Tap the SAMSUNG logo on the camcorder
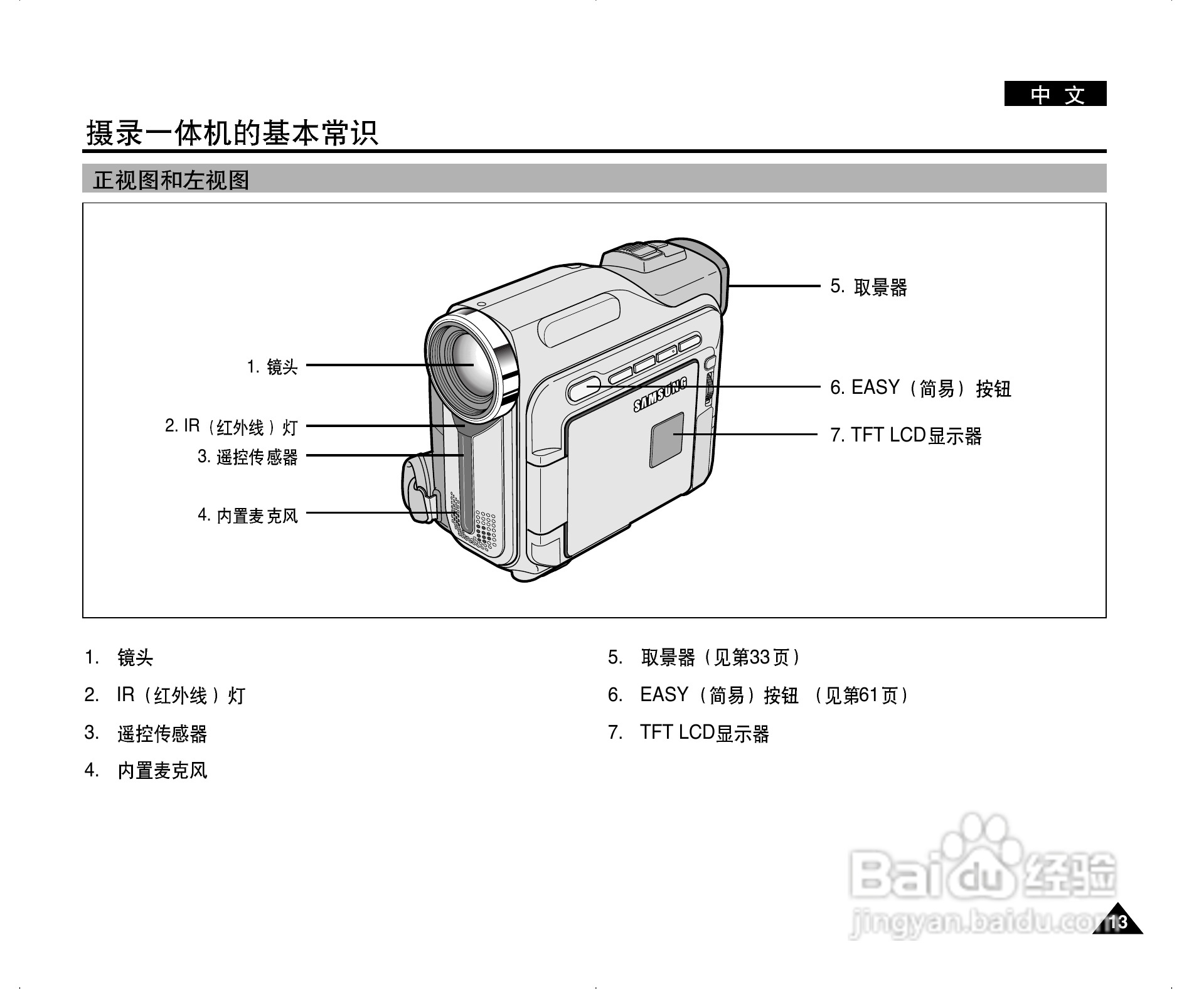pos(660,396)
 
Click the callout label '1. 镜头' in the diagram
pos(272,366)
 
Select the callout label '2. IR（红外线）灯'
pos(231,427)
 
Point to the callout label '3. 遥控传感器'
pos(247,457)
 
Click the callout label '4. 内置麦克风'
pos(248,516)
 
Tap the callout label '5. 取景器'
pos(868,287)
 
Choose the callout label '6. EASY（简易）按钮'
pos(920,388)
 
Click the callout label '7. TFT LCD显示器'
pos(905,435)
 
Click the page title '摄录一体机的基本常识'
pos(232,134)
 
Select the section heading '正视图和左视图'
pos(171,181)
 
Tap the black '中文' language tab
pos(1055,95)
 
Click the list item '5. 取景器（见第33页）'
pos(704,658)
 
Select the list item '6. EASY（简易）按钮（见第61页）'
pos(758,695)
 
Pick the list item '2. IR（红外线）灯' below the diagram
pos(165,695)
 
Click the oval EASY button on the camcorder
pos(584,388)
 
